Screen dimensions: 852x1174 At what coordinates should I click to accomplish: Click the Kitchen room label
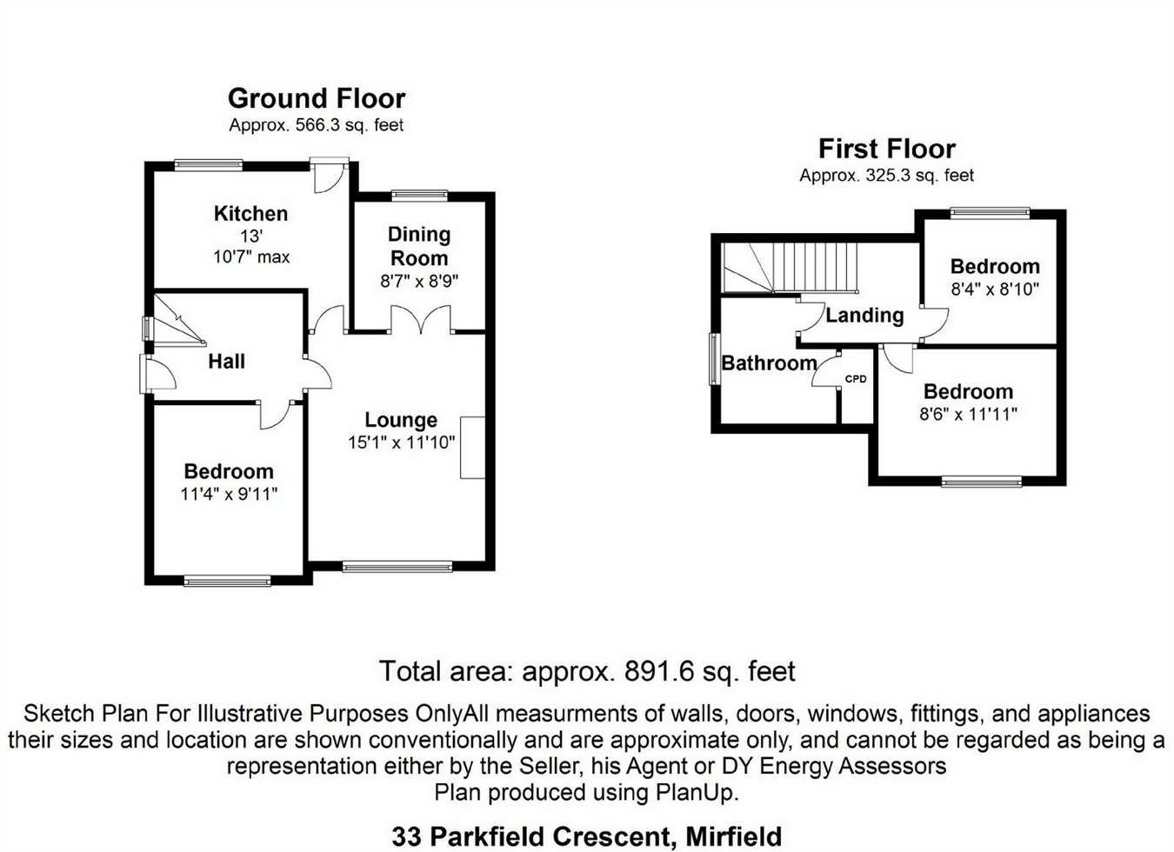pyautogui.click(x=250, y=213)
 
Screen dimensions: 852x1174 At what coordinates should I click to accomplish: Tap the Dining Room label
pyautogui.click(x=419, y=246)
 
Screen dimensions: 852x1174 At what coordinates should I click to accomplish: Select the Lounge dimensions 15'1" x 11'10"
pyautogui.click(x=401, y=443)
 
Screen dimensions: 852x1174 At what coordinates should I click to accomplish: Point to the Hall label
pyautogui.click(x=226, y=361)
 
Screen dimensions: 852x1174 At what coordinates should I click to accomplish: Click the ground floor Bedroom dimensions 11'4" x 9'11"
pyautogui.click(x=229, y=494)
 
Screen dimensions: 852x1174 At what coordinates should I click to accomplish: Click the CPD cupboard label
pyautogui.click(x=856, y=379)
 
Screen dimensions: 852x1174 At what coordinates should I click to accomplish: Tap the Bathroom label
pyautogui.click(x=769, y=363)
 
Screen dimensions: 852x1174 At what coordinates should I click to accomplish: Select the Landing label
pyautogui.click(x=864, y=315)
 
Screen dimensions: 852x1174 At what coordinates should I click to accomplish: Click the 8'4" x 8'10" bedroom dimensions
pyautogui.click(x=995, y=290)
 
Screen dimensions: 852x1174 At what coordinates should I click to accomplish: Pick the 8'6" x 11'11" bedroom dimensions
pyautogui.click(x=968, y=414)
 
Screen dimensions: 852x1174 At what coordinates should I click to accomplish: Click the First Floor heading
pyautogui.click(x=886, y=149)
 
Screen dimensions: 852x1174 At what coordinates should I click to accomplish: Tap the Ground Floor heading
pyautogui.click(x=317, y=98)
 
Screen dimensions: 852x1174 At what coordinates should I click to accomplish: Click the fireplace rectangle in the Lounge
pyautogui.click(x=472, y=448)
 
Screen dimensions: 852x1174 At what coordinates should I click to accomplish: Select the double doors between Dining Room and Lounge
pyautogui.click(x=421, y=320)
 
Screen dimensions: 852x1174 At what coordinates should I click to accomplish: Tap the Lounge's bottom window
pyautogui.click(x=397, y=567)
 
